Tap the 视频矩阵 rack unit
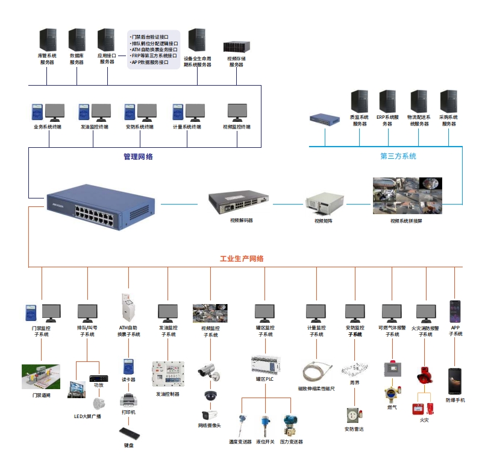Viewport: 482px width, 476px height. (323, 203)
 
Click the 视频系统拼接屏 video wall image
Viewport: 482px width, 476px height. (407, 195)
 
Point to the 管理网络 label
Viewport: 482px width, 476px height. (139, 157)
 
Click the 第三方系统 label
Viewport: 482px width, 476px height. (398, 156)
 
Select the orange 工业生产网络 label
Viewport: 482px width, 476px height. (241, 259)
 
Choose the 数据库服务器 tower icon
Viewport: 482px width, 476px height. (77, 40)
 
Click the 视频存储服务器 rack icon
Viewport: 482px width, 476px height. (236, 47)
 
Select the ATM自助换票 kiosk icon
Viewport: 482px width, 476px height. (128, 308)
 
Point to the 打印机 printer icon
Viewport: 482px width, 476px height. (128, 400)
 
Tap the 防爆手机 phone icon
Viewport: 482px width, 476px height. (455, 381)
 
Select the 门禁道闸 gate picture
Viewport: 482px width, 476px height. (41, 376)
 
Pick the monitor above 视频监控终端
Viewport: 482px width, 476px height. (237, 112)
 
